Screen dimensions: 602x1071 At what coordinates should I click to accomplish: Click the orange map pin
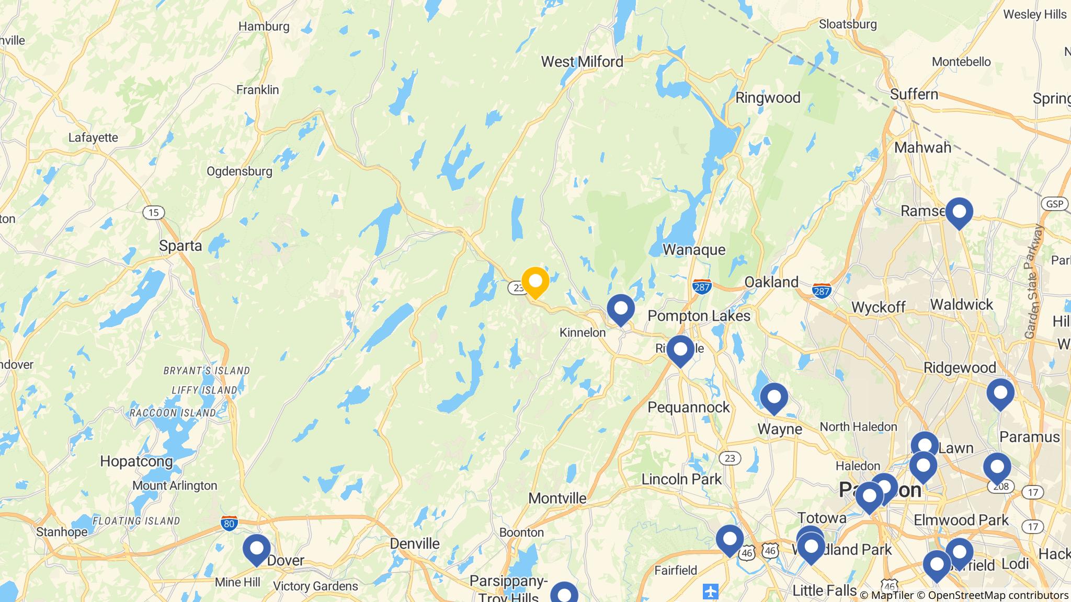coord(535,282)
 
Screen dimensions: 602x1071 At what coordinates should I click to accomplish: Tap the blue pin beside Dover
coord(257,549)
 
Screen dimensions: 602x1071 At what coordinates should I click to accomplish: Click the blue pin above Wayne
coord(774,398)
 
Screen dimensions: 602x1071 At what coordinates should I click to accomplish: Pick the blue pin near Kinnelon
coord(621,309)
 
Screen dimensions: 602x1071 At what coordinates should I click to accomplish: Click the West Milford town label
coord(582,62)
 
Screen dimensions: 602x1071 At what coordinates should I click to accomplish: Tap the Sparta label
coord(180,246)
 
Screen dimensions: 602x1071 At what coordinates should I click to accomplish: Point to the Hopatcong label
coord(136,461)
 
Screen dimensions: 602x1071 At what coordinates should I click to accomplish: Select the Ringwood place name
coord(768,98)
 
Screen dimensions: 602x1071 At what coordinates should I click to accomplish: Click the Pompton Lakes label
coord(699,316)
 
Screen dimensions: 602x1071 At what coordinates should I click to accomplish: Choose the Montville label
coord(557,498)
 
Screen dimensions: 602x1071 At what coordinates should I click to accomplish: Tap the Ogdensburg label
coord(240,171)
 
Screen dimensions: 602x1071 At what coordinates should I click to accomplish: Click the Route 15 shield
coord(153,213)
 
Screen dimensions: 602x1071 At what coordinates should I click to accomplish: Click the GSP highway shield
coord(1054,204)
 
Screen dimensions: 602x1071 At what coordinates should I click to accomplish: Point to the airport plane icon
coord(711,592)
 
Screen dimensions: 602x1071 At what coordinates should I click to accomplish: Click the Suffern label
coord(914,95)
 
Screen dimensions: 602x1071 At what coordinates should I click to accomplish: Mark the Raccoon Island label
coord(173,413)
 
